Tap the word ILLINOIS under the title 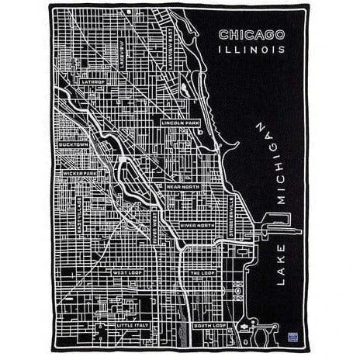[251, 49]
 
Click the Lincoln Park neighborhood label [180, 122]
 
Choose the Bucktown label [74, 144]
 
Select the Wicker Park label [79, 173]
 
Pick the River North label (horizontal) [197, 225]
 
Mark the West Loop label [126, 272]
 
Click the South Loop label [209, 325]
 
